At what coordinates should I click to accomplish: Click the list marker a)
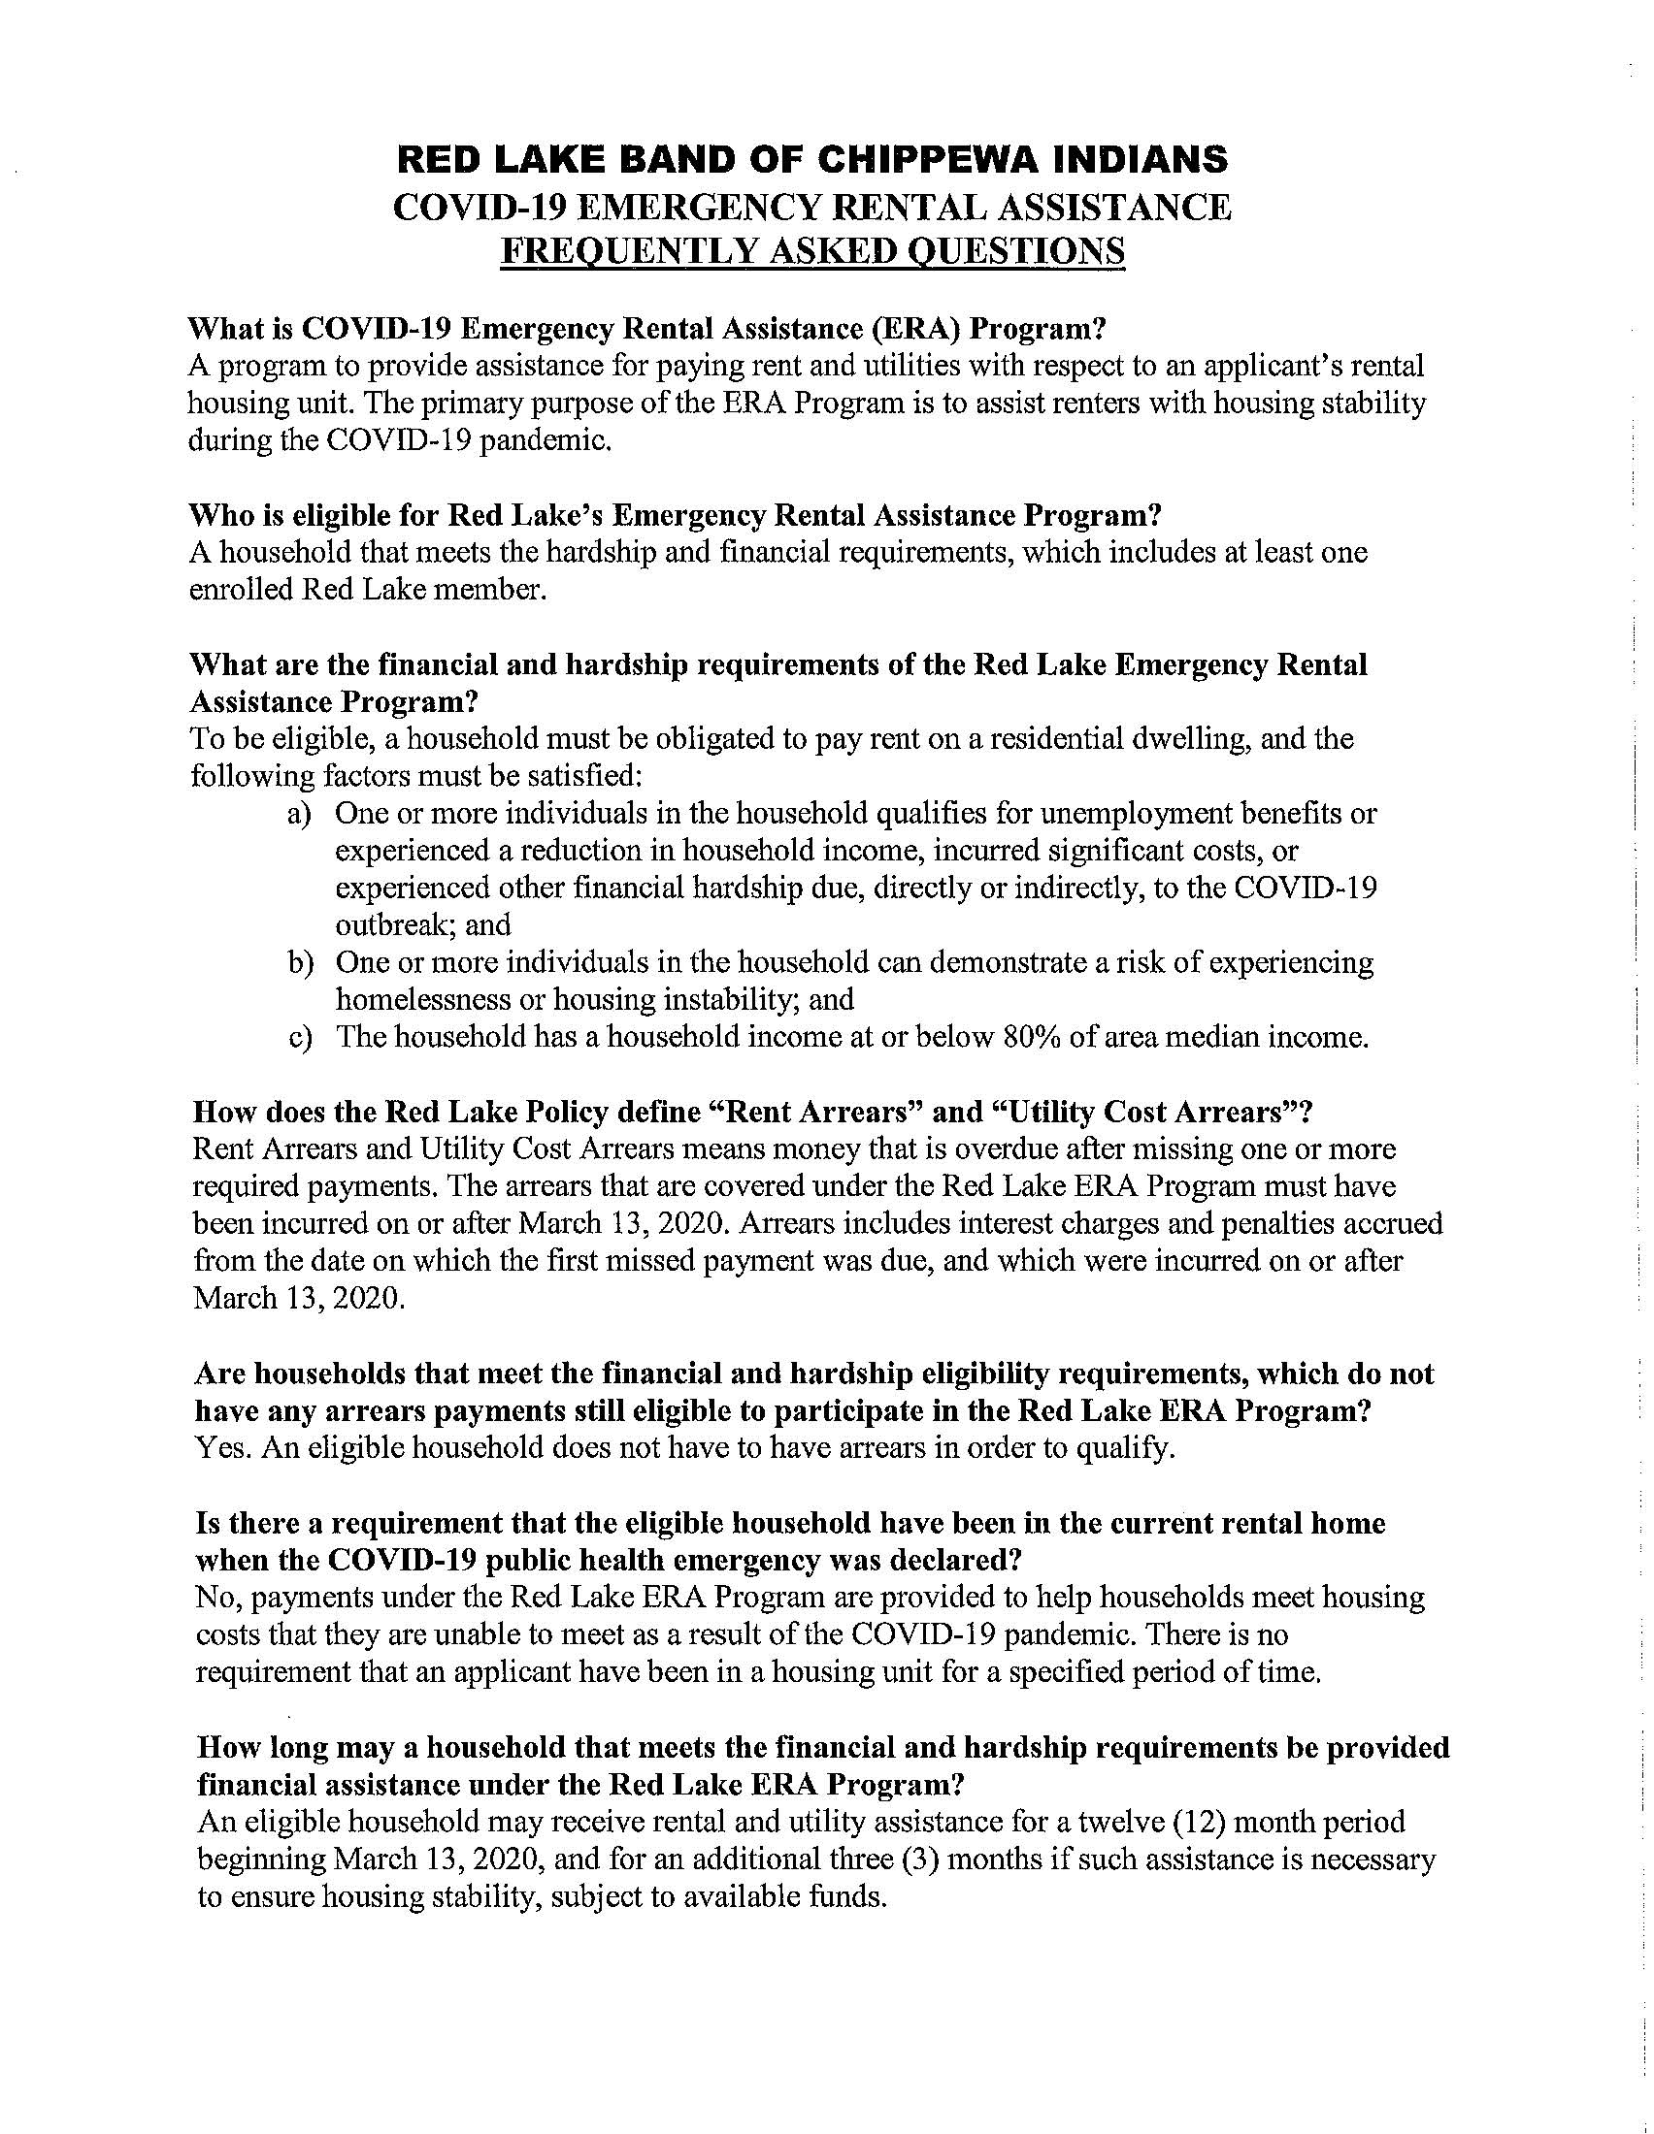point(299,813)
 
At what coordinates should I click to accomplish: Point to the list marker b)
point(299,962)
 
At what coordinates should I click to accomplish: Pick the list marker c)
point(299,1037)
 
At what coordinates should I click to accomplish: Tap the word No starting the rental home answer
point(214,1598)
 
